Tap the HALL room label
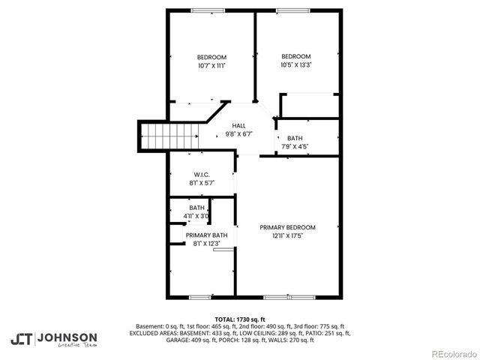[238, 125]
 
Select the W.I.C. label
[201, 174]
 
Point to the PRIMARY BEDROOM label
[287, 227]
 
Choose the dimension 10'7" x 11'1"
[211, 66]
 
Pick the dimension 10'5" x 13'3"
[295, 65]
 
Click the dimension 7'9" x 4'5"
[295, 146]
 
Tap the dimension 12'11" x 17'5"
[287, 235]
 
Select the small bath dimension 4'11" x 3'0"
[196, 216]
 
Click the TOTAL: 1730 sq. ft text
[240, 319]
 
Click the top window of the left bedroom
[202, 10]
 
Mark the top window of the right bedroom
[289, 10]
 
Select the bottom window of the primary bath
[199, 297]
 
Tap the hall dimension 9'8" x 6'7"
[238, 133]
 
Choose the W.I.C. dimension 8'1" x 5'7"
[201, 182]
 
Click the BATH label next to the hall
[295, 138]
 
